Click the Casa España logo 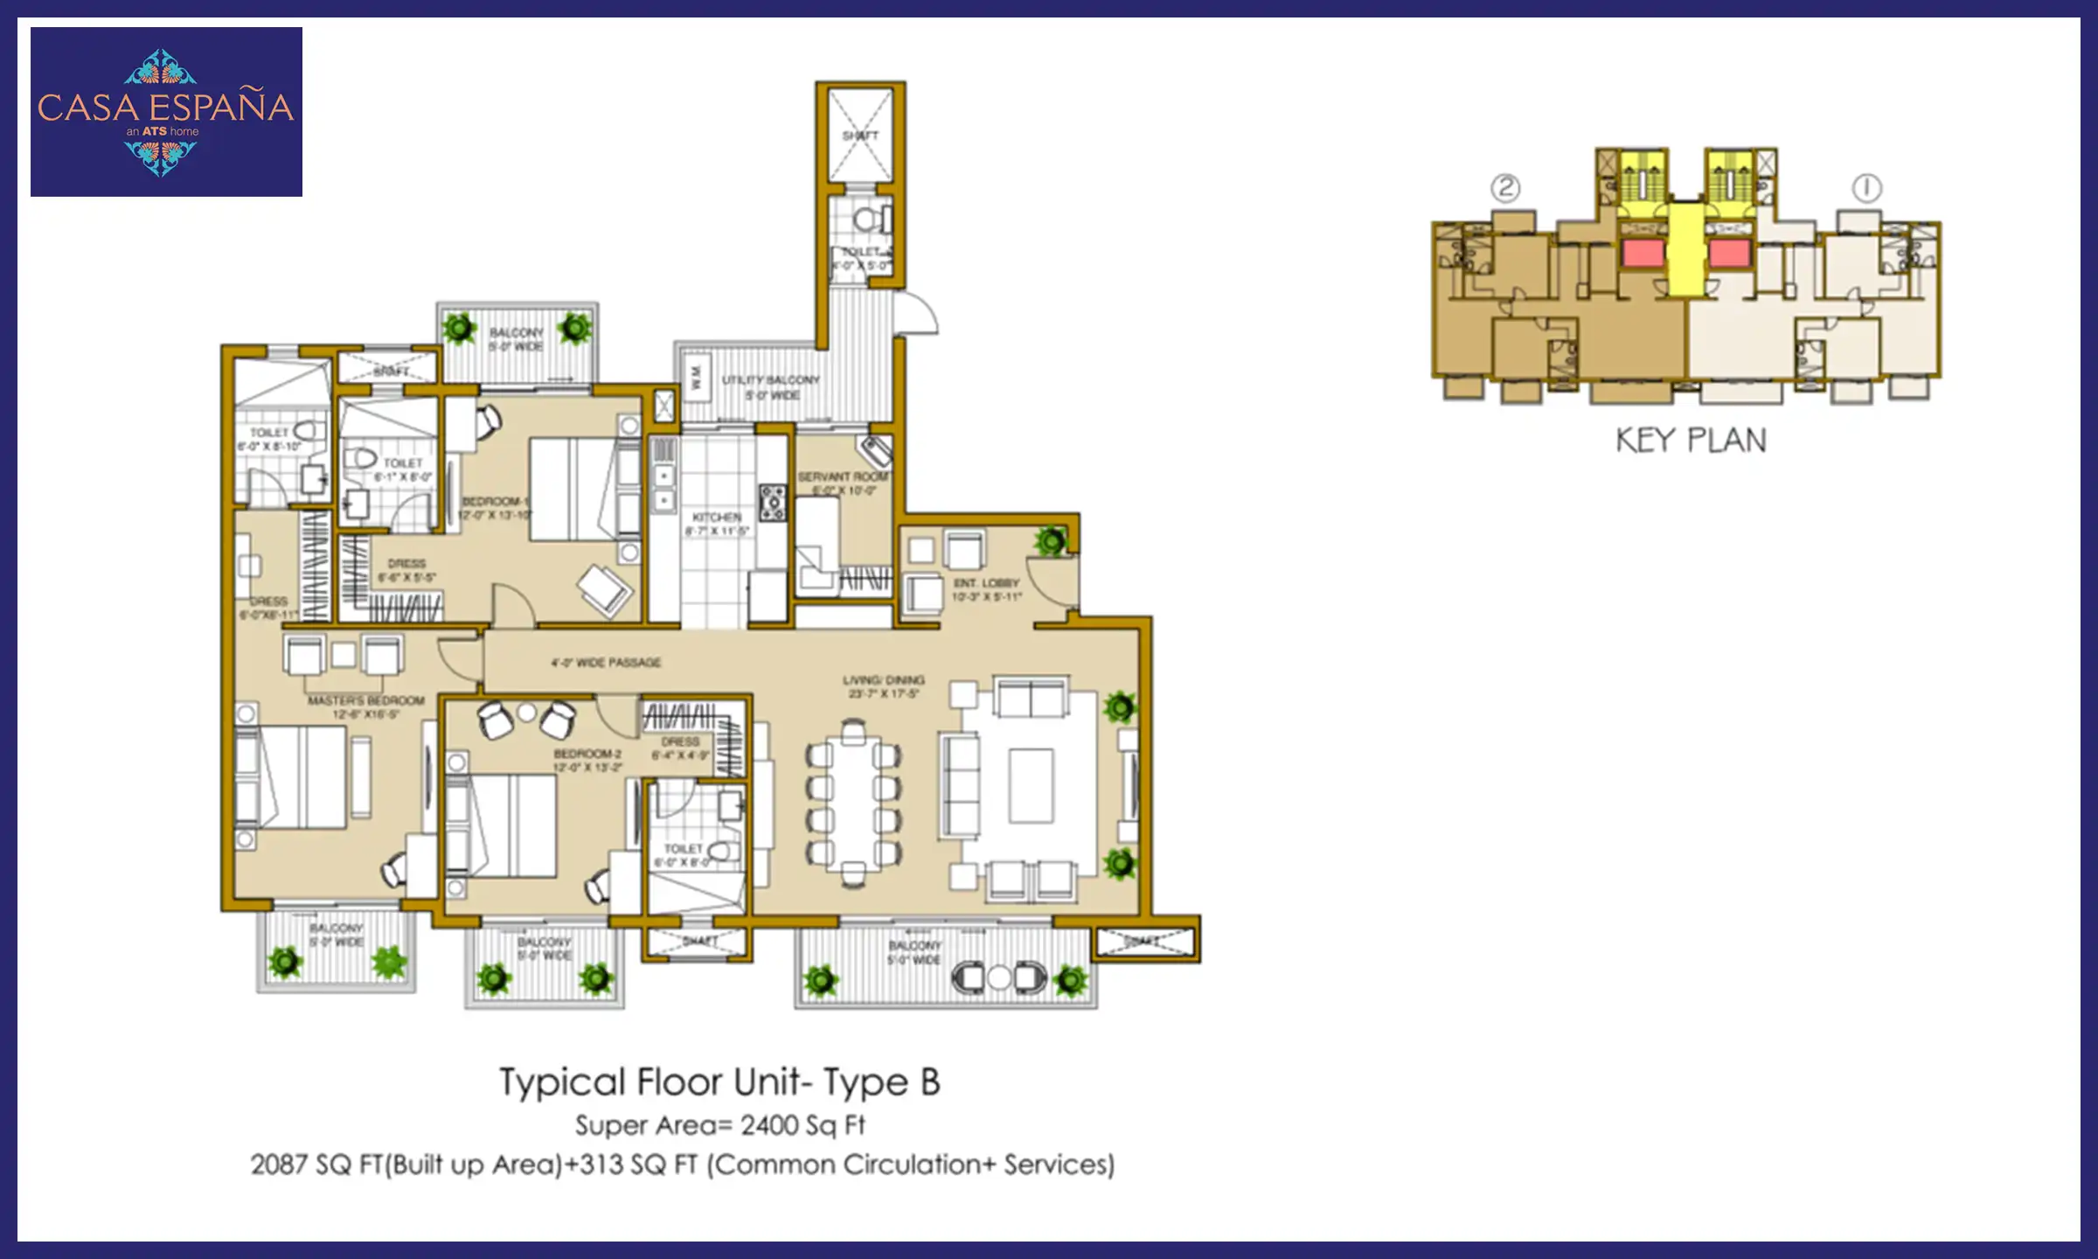pyautogui.click(x=166, y=111)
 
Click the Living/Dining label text pyautogui.click(x=883, y=679)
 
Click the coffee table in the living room pyautogui.click(x=1031, y=785)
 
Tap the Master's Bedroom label pyautogui.click(x=365, y=700)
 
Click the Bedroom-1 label pyautogui.click(x=495, y=501)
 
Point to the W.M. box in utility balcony pyautogui.click(x=697, y=378)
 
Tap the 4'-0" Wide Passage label pyautogui.click(x=606, y=662)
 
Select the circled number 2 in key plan pyautogui.click(x=1505, y=188)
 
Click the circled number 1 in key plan pyautogui.click(x=1866, y=188)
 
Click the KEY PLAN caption pyautogui.click(x=1691, y=440)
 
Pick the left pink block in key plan pyautogui.click(x=1643, y=254)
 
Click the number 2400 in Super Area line pyautogui.click(x=768, y=1124)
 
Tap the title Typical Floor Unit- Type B pyautogui.click(x=719, y=1082)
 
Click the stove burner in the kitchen pyautogui.click(x=773, y=503)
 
